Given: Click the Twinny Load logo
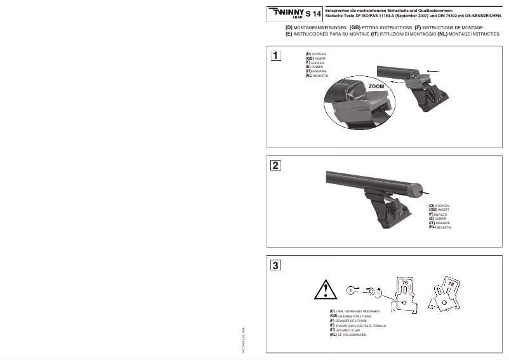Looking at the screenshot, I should point(284,13).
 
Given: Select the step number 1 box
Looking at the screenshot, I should point(276,56).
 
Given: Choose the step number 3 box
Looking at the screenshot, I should point(276,265).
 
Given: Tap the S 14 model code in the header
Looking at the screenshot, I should point(313,13).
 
